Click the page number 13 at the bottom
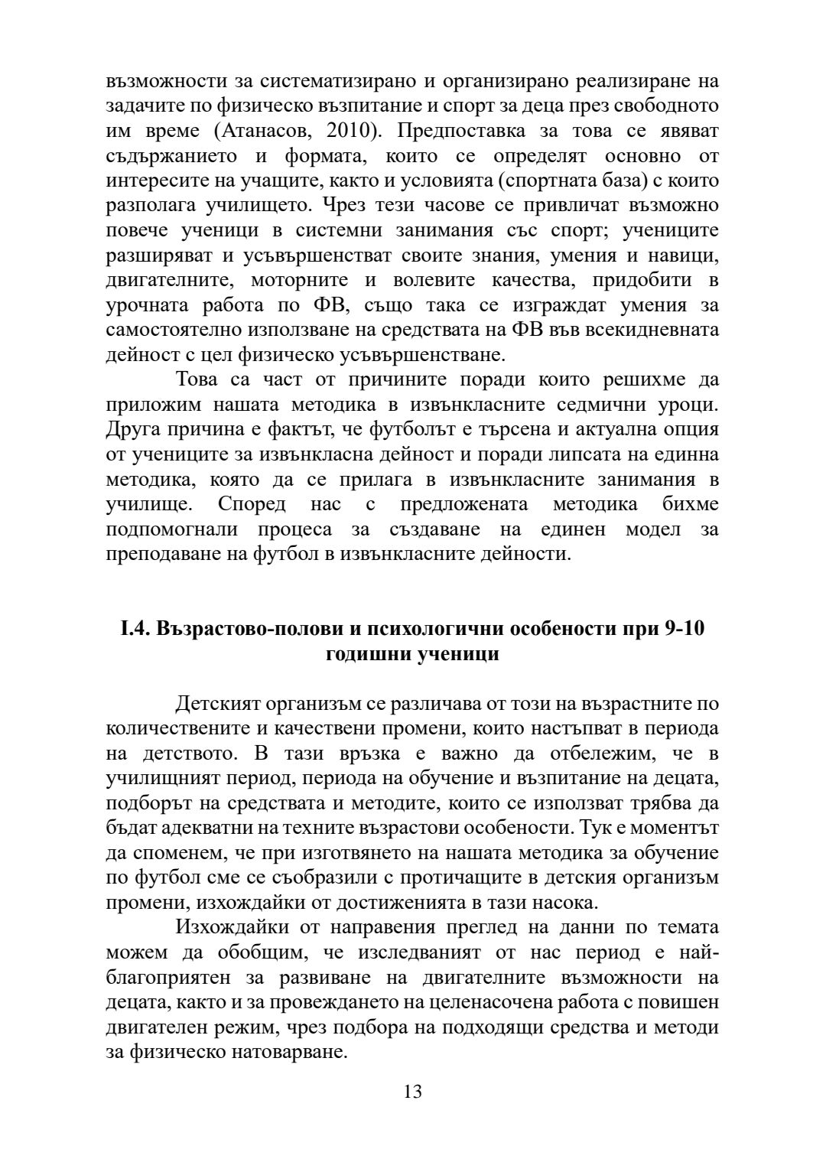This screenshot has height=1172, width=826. tap(412, 1092)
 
